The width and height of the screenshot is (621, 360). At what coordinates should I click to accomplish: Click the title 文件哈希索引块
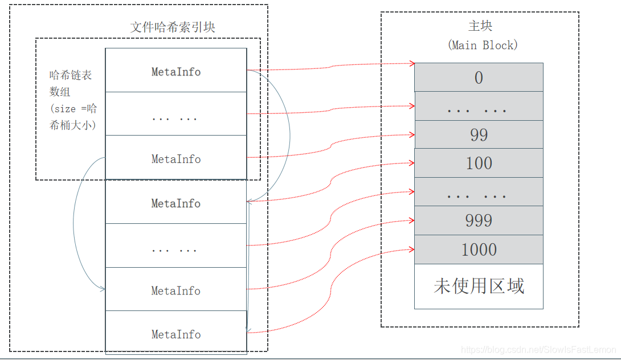(173, 27)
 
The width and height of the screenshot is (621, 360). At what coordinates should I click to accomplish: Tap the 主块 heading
(480, 26)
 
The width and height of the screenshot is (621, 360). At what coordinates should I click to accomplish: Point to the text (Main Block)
(483, 45)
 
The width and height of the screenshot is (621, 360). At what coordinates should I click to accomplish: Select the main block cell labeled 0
(479, 77)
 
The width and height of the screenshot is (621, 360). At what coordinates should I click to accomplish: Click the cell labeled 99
(479, 134)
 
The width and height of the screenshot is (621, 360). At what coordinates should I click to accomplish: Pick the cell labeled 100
(479, 163)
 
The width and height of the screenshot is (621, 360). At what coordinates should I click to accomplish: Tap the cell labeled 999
(479, 220)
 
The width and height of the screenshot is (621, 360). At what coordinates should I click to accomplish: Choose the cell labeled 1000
(479, 249)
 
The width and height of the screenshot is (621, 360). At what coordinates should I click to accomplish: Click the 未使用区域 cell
(479, 286)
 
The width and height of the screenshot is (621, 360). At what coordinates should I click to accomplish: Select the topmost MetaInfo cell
(176, 72)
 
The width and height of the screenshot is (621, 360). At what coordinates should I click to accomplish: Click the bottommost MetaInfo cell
(176, 334)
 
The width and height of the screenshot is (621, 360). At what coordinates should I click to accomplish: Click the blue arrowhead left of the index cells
(103, 289)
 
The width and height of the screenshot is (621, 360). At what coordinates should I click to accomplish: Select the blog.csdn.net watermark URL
(538, 349)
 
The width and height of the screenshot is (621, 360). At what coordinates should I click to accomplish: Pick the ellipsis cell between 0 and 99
(479, 107)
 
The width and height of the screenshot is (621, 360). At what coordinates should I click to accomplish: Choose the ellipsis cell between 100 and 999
(479, 192)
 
